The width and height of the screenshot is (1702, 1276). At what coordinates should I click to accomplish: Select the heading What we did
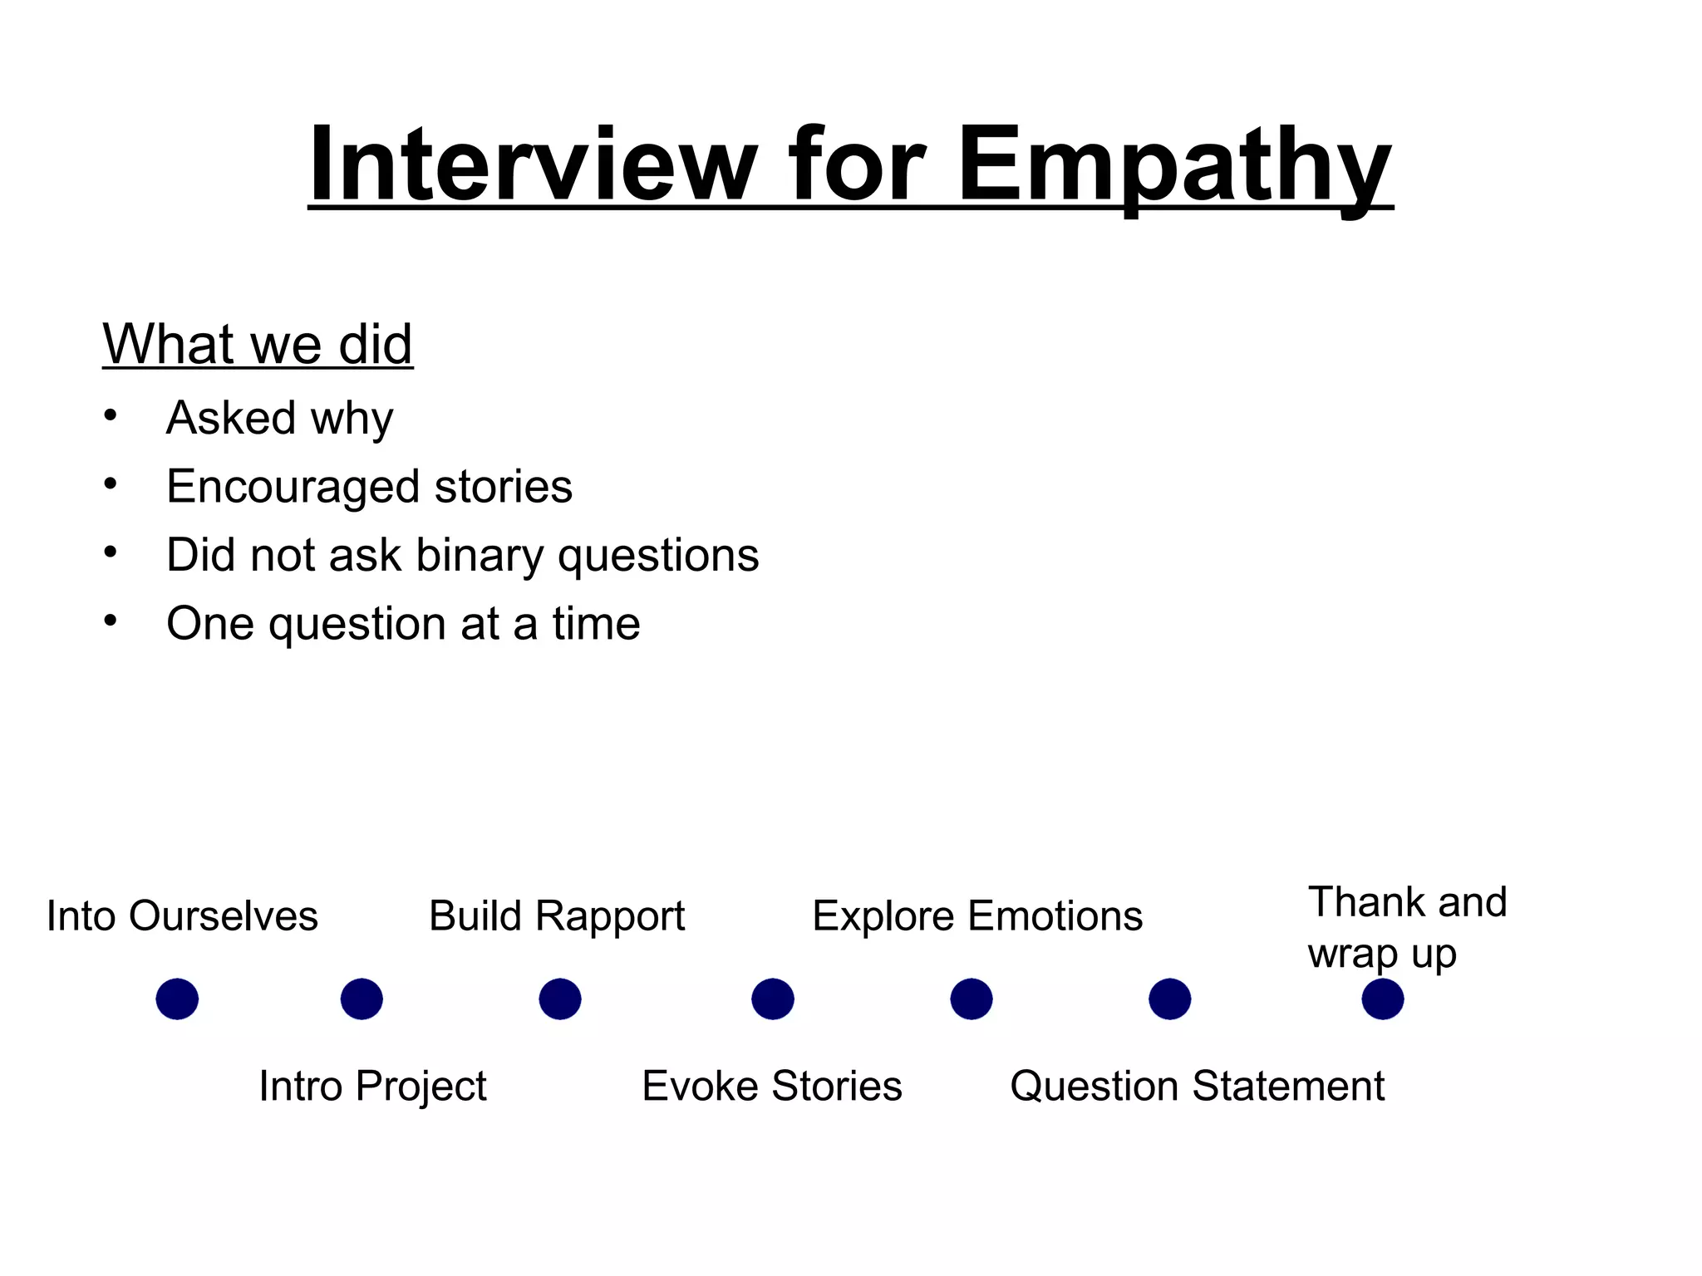coord(258,343)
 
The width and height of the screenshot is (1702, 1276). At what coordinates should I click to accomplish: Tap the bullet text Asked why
coord(279,418)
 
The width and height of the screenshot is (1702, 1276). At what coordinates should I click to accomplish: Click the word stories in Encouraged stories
coord(504,486)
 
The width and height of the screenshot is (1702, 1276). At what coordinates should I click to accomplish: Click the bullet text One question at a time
coord(403,624)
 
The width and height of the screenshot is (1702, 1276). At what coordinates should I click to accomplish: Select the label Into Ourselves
coord(182,916)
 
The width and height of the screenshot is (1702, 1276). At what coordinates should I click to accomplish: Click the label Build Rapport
coord(557,916)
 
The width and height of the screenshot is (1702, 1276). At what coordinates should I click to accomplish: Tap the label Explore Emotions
coord(977,916)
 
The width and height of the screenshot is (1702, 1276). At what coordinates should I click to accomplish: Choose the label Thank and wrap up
coord(1406,927)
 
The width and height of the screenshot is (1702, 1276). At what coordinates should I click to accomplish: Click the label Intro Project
coord(372,1086)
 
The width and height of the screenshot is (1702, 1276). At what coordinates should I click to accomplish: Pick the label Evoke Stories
coord(771,1086)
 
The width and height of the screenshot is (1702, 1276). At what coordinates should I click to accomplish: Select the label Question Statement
coord(1197,1086)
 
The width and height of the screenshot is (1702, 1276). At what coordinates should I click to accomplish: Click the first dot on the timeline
coord(177,999)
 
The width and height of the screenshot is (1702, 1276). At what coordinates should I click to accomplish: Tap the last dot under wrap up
coord(1383,999)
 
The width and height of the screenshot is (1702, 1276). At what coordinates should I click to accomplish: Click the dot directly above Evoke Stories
coord(773,999)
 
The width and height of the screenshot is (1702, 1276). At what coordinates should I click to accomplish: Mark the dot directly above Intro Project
coord(362,999)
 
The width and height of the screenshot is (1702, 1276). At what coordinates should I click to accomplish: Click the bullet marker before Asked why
coord(111,415)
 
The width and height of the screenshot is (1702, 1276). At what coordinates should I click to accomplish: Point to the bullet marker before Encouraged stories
coord(111,483)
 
